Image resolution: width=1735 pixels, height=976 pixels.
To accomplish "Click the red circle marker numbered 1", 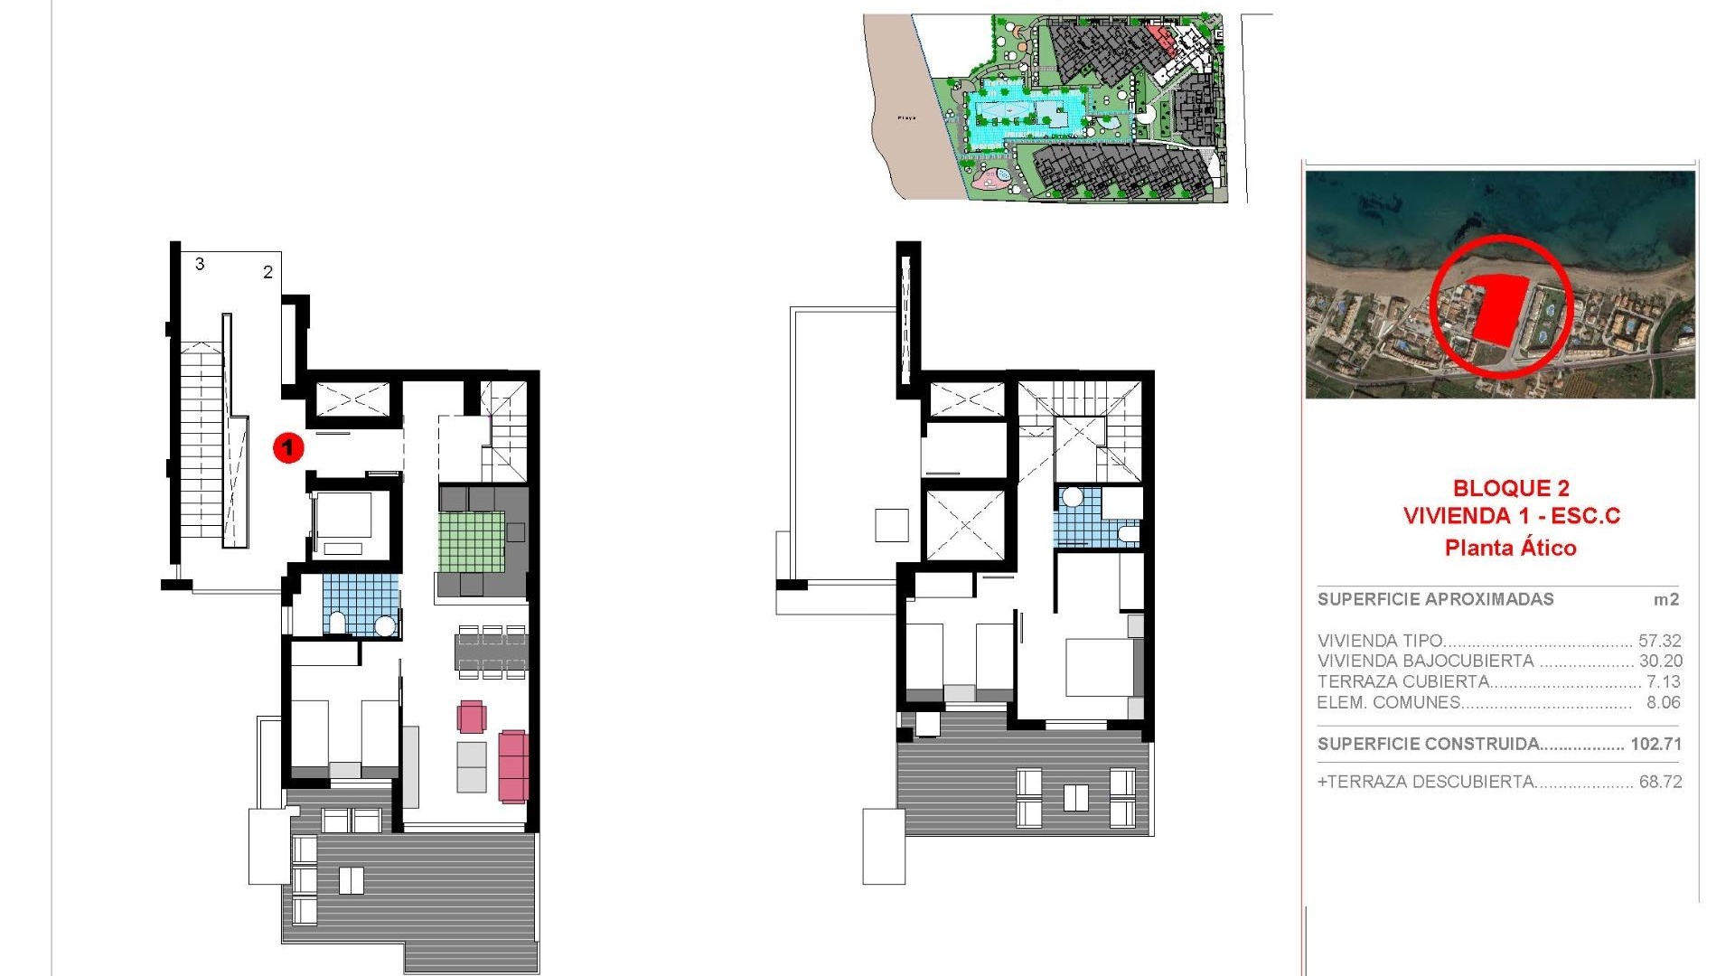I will click(288, 446).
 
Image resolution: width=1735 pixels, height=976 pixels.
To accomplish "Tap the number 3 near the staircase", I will click(200, 264).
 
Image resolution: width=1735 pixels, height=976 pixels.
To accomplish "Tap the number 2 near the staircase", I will click(267, 272).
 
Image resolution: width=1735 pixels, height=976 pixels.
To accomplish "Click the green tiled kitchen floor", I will click(472, 541).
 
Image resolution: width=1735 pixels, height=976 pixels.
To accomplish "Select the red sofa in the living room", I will click(513, 766).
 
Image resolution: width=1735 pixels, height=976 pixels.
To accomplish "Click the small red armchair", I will click(472, 717).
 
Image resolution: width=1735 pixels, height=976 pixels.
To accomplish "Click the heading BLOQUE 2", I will click(1510, 489).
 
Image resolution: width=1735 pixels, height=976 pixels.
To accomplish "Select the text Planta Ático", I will click(1510, 548).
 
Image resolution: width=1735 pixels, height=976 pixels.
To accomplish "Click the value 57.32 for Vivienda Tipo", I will click(1659, 641).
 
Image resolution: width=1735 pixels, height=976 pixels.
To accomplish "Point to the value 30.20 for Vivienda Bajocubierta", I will click(1660, 661).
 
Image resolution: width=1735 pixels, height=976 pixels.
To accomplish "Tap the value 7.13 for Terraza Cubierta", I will click(1663, 681).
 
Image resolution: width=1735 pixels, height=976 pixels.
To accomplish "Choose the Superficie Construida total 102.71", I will click(1655, 744).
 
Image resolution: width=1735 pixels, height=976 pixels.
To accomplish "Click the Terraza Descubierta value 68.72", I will click(1660, 782).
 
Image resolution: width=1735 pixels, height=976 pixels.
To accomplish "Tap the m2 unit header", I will click(1665, 599).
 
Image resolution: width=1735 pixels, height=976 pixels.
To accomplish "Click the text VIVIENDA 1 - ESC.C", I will click(1511, 516).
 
